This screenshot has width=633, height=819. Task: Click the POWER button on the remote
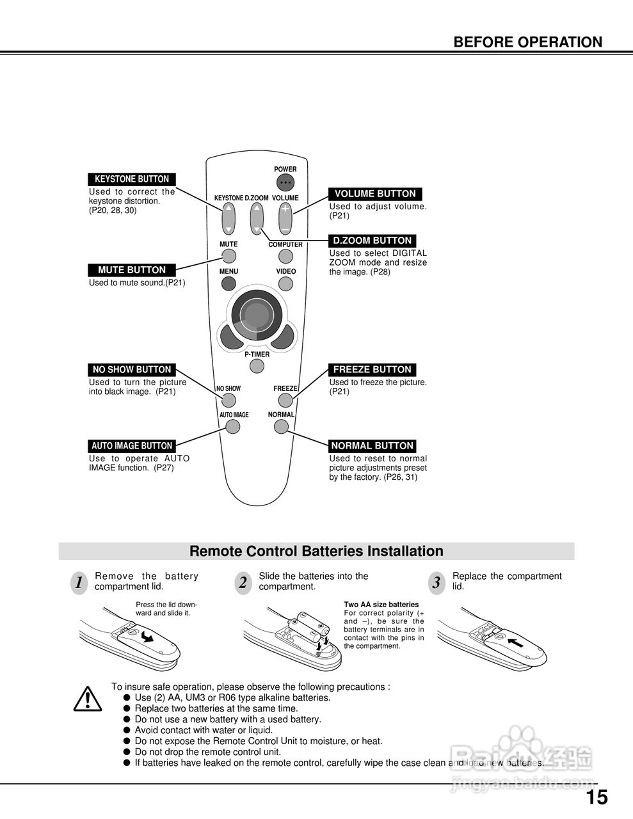click(285, 182)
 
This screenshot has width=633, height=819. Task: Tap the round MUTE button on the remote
click(228, 257)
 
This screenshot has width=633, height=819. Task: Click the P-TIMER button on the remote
click(257, 366)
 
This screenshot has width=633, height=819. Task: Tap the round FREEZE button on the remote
click(285, 401)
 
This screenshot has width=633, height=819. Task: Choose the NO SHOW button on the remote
click(228, 401)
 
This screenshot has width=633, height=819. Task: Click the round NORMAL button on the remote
click(281, 426)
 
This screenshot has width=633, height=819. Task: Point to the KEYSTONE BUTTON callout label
click(132, 179)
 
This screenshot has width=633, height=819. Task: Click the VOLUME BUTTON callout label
click(375, 194)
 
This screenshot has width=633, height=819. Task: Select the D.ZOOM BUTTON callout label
click(373, 241)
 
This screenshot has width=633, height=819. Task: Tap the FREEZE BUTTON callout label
click(373, 369)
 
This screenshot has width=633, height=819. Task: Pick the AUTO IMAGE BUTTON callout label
click(132, 446)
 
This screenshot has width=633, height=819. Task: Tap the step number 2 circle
click(243, 583)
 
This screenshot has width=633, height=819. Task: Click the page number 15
click(597, 797)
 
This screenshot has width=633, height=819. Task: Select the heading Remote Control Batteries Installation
click(316, 551)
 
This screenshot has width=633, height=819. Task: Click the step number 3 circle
click(437, 583)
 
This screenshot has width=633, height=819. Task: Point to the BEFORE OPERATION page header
click(527, 42)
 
